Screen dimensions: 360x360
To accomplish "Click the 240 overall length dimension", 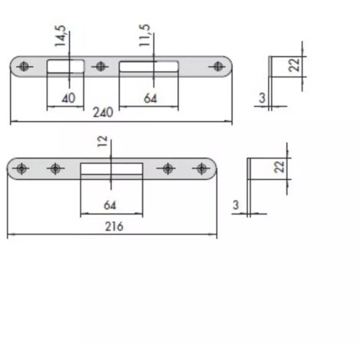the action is coord(103,113).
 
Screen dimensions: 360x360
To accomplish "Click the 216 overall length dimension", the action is coord(114,227).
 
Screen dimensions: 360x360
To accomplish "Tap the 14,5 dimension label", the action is coord(61,36).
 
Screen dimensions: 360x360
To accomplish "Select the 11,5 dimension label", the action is coord(145,35).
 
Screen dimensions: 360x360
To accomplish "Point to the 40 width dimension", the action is coord(68,98).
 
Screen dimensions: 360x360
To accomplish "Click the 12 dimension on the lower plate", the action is coord(103,141).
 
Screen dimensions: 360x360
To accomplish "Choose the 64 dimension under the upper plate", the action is coord(150,99).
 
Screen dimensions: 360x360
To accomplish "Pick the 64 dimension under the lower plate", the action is coord(110,205).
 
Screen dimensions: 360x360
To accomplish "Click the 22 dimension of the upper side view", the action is coord(294,65).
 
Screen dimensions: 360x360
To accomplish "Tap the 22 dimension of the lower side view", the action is coord(280,167).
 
